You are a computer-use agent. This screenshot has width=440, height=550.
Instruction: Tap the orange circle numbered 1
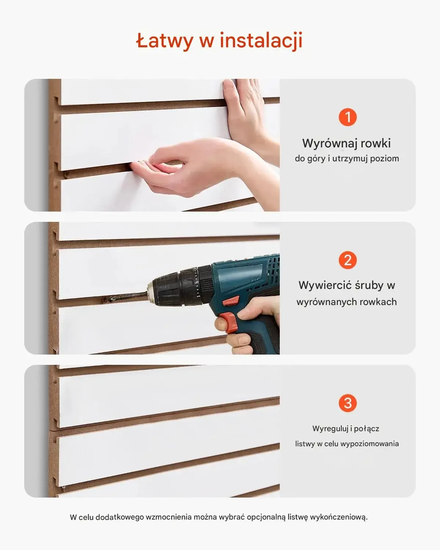[x=347, y=117]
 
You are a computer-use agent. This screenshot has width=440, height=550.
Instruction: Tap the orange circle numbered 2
[x=347, y=260]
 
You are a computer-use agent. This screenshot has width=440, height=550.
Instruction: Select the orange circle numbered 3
[x=347, y=403]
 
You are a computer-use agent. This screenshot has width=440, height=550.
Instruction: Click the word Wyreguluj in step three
[x=327, y=429]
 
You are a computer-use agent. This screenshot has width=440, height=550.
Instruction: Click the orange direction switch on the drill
[x=231, y=302]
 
